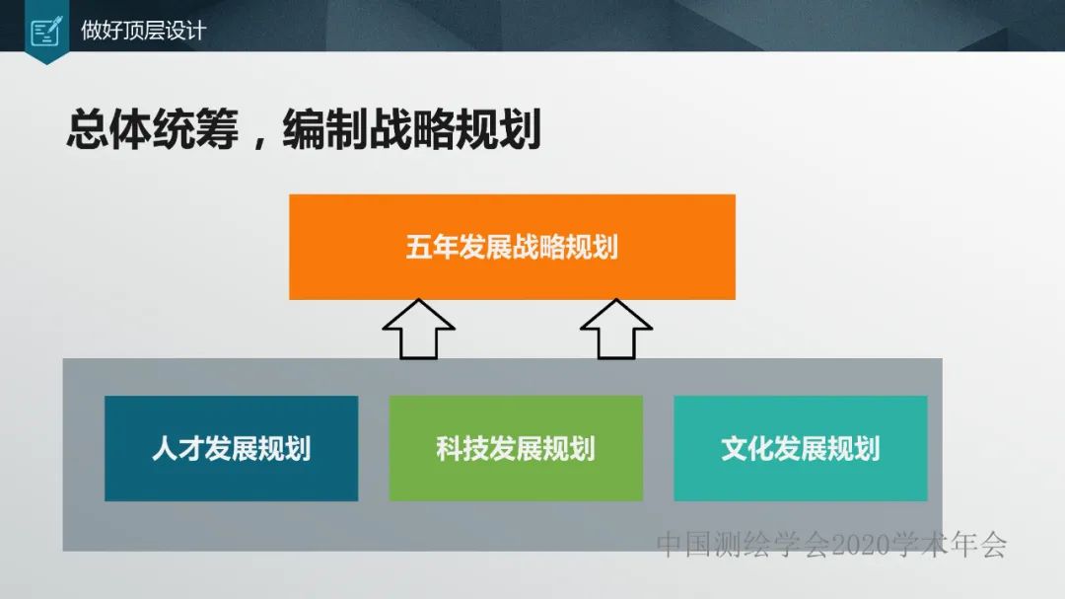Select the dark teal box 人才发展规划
pos(231,448)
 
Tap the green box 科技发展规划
pos(516,448)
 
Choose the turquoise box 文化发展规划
pos(800,448)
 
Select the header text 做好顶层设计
pos(143,30)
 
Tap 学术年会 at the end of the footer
pos(949,544)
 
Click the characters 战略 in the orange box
pos(538,246)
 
